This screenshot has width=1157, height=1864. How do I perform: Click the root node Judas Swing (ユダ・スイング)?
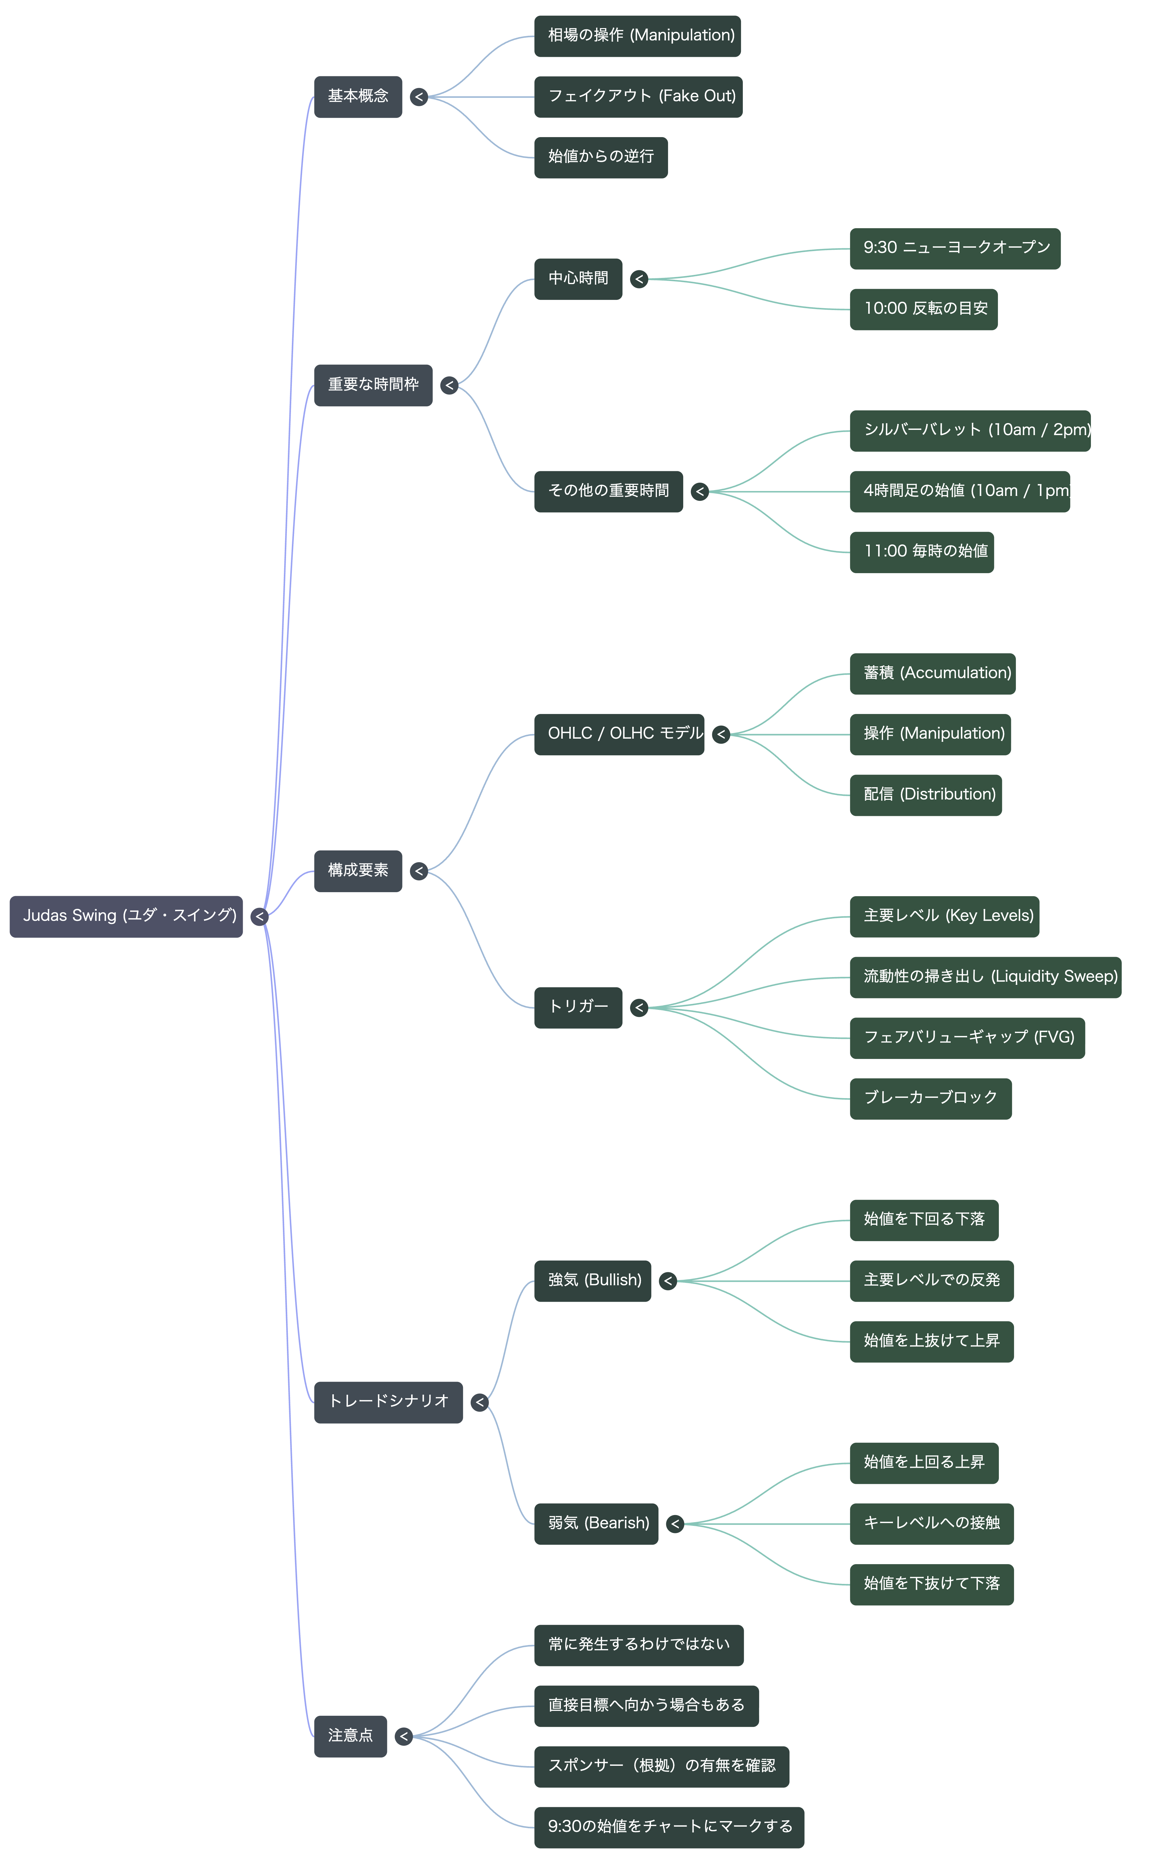126,916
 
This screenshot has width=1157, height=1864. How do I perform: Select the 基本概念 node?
358,97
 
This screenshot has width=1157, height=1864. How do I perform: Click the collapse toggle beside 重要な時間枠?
449,385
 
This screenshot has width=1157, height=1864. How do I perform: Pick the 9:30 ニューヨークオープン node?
955,249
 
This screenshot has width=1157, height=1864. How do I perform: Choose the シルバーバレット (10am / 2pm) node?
970,430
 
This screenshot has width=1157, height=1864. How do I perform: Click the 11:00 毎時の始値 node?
922,552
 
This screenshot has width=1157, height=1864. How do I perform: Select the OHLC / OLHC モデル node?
619,734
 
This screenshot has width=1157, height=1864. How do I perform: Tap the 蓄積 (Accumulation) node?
933,674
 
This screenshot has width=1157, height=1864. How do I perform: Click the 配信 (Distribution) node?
926,796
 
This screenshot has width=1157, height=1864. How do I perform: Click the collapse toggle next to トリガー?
639,1008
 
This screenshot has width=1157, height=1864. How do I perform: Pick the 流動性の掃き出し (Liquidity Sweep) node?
986,977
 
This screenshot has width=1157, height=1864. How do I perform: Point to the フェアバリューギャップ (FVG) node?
967,1038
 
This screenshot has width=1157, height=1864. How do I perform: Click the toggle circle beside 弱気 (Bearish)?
675,1524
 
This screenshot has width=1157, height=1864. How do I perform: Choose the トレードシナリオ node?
389,1403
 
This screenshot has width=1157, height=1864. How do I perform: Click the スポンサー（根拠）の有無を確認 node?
662,1767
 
